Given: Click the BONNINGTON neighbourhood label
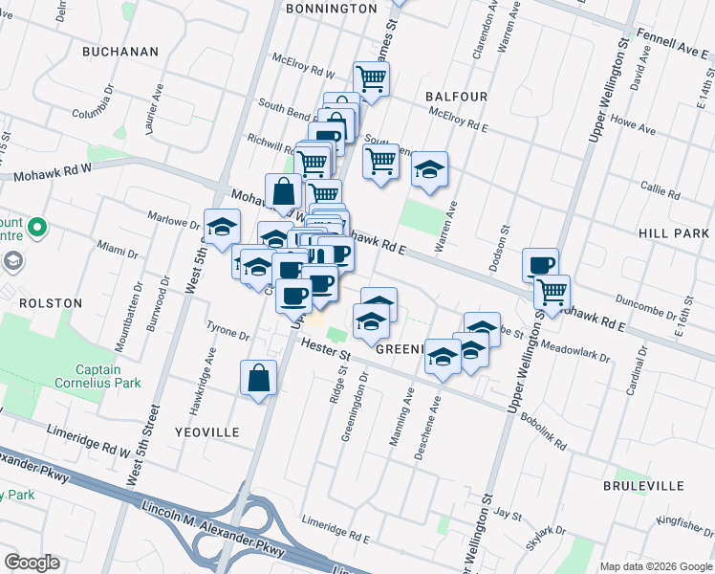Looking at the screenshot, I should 332,9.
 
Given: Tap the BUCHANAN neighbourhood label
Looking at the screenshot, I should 119,51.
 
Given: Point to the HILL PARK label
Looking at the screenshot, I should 674,233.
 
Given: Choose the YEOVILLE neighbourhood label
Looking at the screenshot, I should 207,432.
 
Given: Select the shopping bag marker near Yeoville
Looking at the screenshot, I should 259,378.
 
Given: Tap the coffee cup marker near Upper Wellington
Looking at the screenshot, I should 540,264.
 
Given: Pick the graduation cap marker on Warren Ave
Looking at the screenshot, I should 430,171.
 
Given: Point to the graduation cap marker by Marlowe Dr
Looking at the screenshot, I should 223,227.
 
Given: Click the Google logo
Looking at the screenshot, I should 32,563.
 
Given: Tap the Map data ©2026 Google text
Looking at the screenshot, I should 655,566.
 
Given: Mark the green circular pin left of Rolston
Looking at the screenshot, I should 37,229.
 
